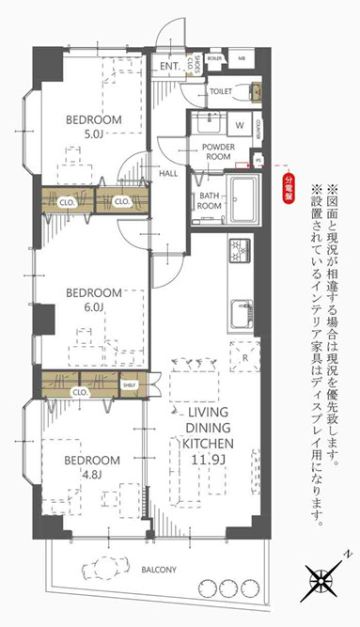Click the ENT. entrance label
point(169,67)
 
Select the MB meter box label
point(242,57)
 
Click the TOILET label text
point(221,92)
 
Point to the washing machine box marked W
point(239,124)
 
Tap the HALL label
point(168,173)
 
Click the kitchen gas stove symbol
point(239,251)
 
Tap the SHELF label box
point(130,384)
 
